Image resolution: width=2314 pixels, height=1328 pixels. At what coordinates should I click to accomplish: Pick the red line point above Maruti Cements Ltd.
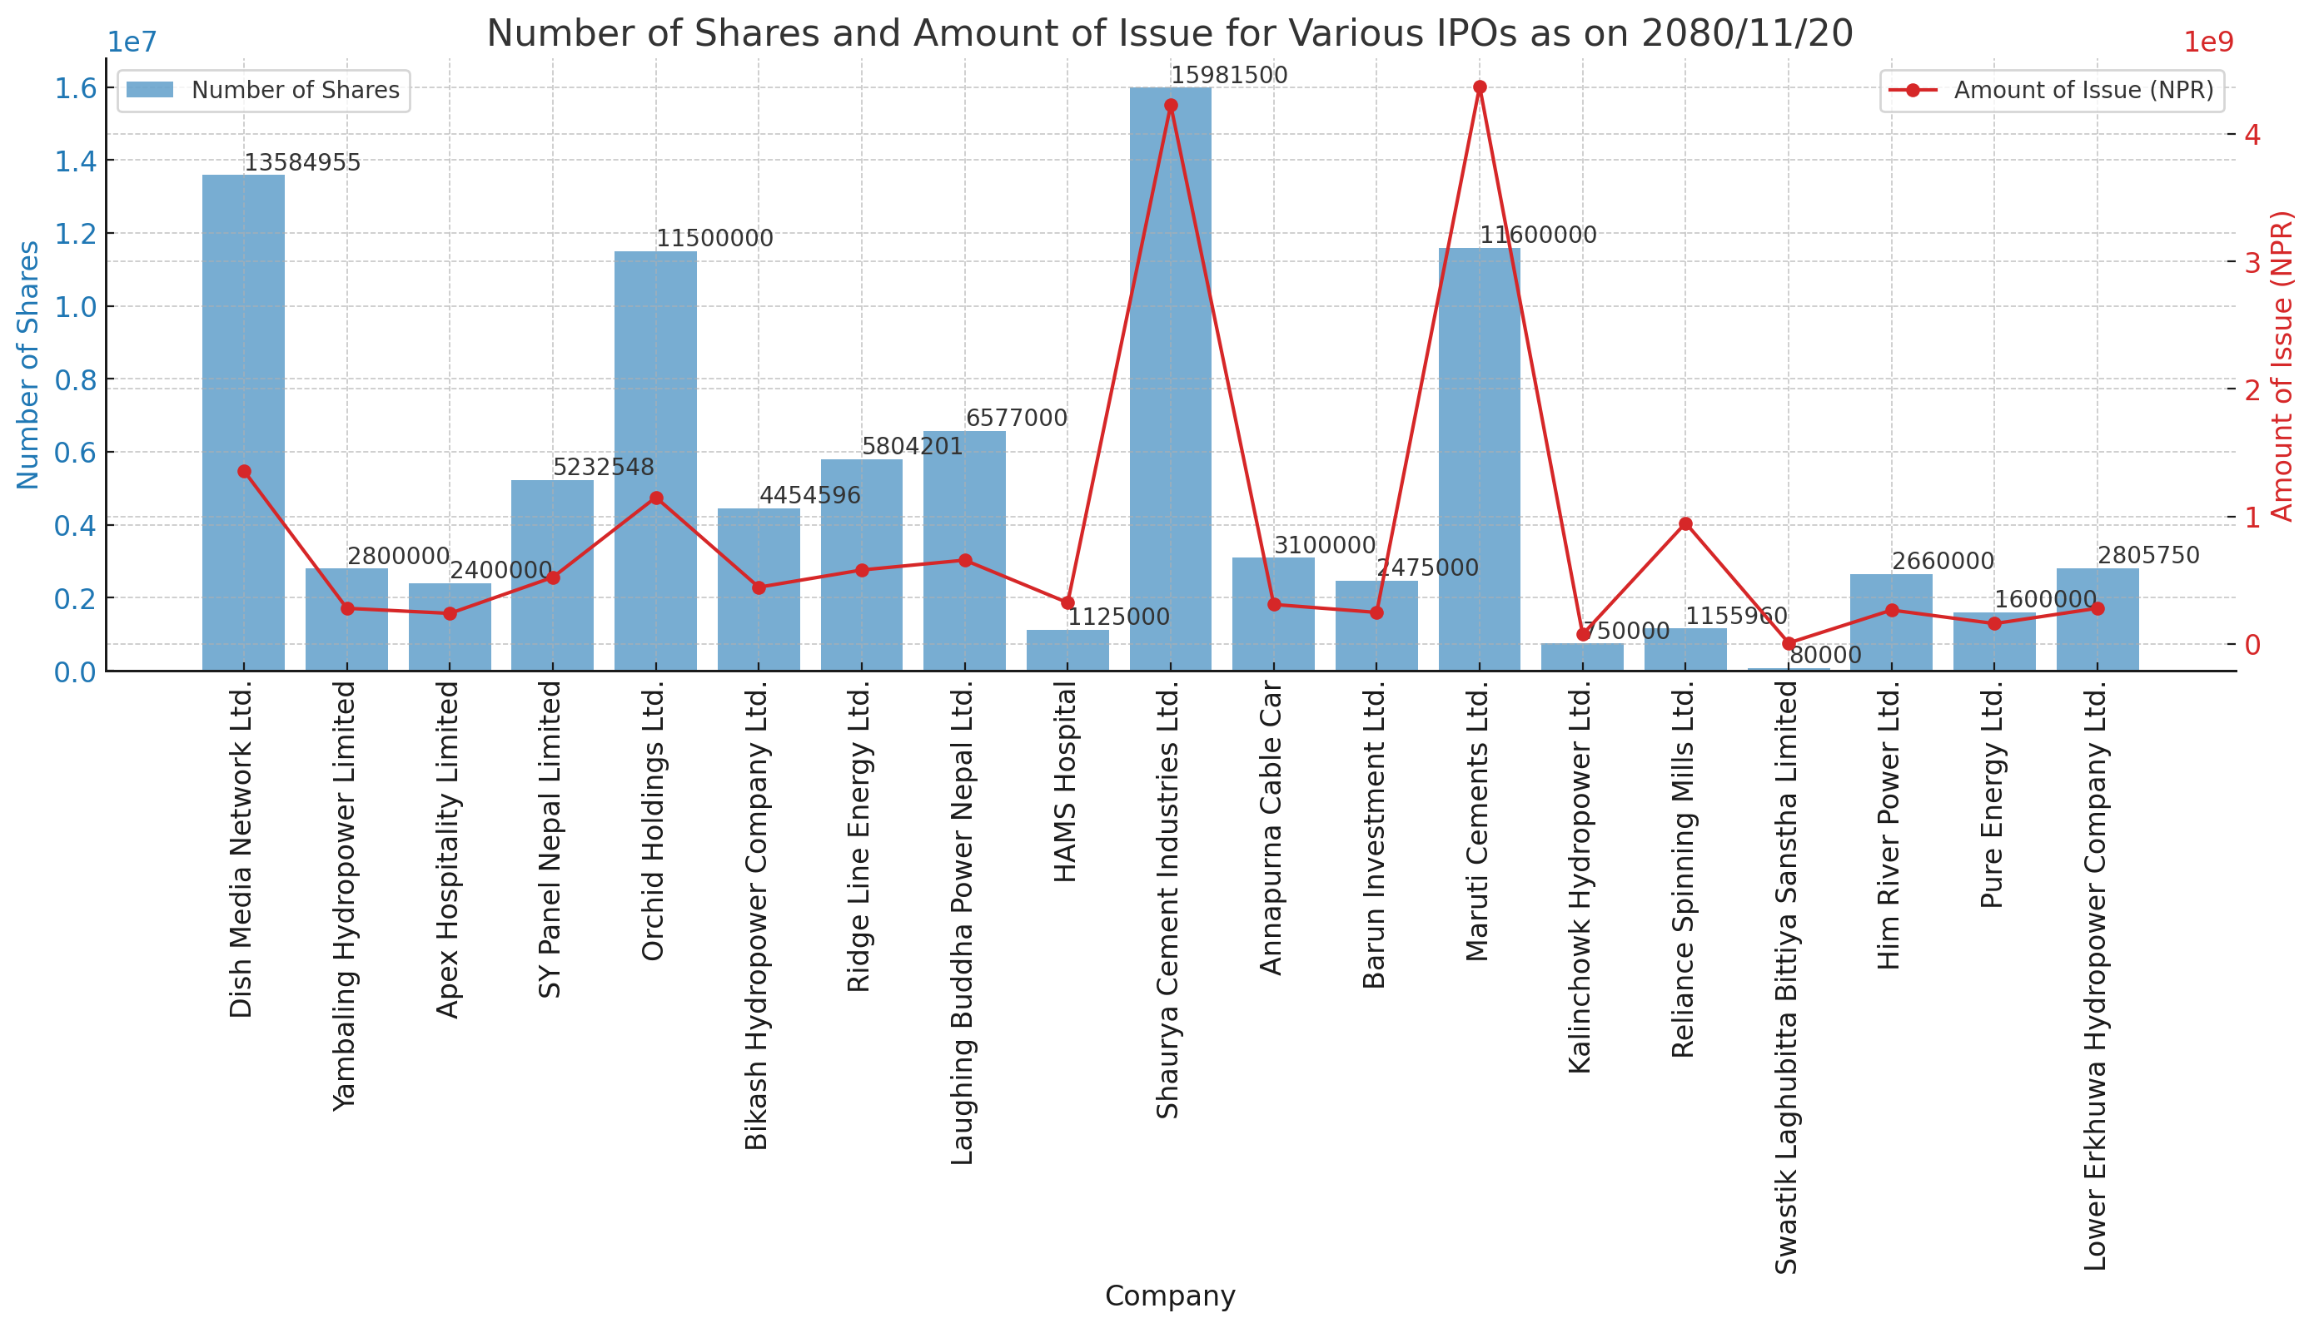(x=1480, y=87)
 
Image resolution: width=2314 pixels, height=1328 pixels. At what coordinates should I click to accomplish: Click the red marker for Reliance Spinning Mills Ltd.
(x=1685, y=523)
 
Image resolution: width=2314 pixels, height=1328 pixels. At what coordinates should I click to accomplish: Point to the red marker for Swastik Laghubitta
(x=1789, y=643)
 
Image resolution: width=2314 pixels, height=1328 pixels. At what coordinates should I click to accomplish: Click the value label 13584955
(x=302, y=163)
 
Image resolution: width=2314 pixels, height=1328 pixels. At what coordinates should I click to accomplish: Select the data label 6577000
(x=1016, y=419)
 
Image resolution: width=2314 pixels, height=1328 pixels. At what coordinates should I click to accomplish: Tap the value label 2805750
(x=2148, y=557)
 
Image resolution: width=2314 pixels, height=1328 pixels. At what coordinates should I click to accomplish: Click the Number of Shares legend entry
(x=264, y=91)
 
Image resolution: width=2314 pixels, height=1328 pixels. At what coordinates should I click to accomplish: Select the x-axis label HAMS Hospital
(x=1067, y=782)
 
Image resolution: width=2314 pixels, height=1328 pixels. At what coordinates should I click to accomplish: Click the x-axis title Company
(x=1170, y=1296)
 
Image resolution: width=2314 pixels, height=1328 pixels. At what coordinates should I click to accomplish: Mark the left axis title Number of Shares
(x=28, y=364)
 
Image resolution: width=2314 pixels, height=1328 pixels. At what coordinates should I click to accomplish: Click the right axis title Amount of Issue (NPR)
(x=2282, y=364)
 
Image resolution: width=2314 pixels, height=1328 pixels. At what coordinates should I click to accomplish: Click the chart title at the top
(x=1170, y=34)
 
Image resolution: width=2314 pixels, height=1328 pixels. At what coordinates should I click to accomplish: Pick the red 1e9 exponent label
(x=2208, y=42)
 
